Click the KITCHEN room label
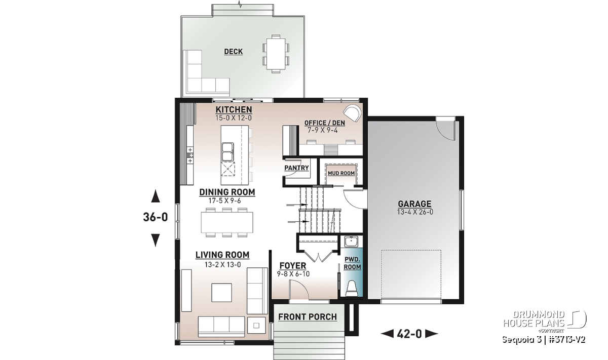[234, 109]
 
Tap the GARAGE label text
[414, 204]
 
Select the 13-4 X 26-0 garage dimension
[415, 212]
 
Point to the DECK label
[234, 52]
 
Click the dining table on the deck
[276, 58]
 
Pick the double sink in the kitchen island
[227, 152]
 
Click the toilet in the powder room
[352, 289]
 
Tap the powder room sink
[351, 241]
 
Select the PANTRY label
[297, 168]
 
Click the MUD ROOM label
[341, 173]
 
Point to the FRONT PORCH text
[308, 317]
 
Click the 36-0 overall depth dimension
[156, 217]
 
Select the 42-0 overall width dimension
[409, 334]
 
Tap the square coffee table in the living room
[222, 293]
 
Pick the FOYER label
[293, 266]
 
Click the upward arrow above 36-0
[156, 196]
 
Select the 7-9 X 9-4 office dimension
[322, 131]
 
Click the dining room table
[227, 222]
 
